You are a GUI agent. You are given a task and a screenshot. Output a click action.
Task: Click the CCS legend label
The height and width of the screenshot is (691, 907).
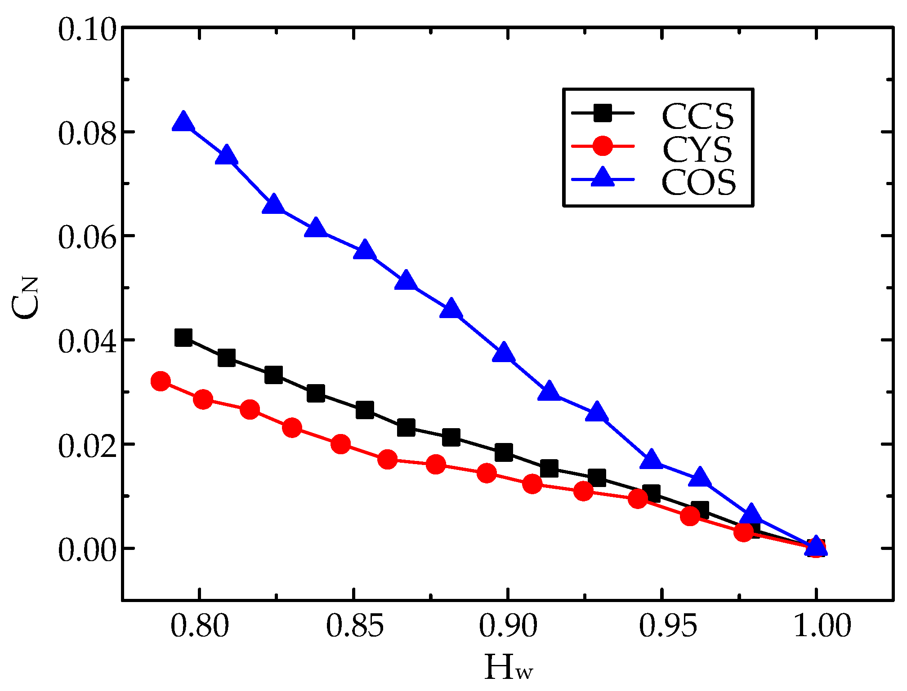pyautogui.click(x=697, y=116)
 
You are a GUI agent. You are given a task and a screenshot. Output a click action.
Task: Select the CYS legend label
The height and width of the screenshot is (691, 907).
pyautogui.click(x=697, y=150)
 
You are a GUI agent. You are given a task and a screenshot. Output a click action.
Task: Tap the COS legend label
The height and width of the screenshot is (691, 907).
pyautogui.click(x=698, y=182)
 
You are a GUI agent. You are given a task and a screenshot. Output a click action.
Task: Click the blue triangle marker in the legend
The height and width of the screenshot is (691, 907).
pyautogui.click(x=602, y=177)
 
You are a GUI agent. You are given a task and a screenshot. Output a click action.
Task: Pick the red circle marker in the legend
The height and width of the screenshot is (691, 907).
pyautogui.click(x=603, y=146)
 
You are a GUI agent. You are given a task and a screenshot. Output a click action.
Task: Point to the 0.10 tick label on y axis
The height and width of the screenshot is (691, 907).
pyautogui.click(x=87, y=31)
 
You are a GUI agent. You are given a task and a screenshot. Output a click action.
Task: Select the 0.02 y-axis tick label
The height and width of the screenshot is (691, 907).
pyautogui.click(x=87, y=446)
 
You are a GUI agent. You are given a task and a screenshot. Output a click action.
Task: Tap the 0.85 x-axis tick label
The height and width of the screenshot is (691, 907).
pyautogui.click(x=355, y=625)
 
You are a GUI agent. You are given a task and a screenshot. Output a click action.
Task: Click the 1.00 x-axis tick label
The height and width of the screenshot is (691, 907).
pyautogui.click(x=822, y=625)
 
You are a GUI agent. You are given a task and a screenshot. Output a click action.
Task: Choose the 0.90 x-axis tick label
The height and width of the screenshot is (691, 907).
pyautogui.click(x=508, y=625)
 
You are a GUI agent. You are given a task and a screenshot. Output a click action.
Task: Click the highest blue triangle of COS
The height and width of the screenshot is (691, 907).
pyautogui.click(x=183, y=121)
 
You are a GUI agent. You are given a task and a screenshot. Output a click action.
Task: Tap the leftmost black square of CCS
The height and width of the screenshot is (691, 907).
pyautogui.click(x=183, y=337)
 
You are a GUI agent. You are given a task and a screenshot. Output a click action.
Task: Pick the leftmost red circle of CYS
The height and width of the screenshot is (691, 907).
pyautogui.click(x=161, y=381)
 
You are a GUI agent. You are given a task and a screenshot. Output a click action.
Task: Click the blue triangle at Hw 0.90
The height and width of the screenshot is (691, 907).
pyautogui.click(x=504, y=353)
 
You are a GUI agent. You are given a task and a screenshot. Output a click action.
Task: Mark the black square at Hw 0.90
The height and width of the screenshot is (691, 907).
pyautogui.click(x=504, y=452)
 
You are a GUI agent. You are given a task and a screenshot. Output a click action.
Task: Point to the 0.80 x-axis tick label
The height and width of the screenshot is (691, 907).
pyautogui.click(x=200, y=625)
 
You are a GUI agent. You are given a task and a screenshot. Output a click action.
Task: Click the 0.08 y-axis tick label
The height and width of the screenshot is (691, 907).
pyautogui.click(x=87, y=133)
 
